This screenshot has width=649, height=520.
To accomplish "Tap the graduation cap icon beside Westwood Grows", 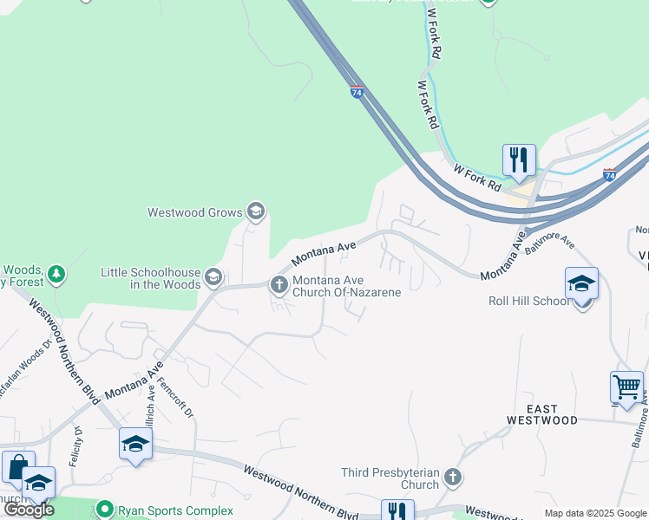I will click(x=255, y=211).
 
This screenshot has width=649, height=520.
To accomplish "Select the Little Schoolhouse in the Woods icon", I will click(x=213, y=277).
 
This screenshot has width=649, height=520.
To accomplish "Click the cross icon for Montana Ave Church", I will click(x=279, y=283).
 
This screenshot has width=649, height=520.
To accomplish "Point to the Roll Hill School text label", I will click(x=529, y=301).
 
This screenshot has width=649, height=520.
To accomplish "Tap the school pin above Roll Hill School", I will click(x=581, y=284).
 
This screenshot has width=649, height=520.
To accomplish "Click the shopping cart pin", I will click(x=626, y=387).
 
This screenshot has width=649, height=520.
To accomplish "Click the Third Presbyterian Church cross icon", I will click(x=451, y=476).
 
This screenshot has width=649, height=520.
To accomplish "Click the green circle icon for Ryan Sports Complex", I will click(x=105, y=510).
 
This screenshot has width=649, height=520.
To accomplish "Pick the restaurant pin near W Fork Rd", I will click(x=519, y=160).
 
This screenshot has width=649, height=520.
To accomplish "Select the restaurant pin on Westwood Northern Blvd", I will click(x=397, y=511).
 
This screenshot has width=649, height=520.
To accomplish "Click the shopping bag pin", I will click(x=18, y=467).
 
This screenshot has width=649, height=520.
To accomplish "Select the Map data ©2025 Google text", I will click(x=594, y=513).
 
